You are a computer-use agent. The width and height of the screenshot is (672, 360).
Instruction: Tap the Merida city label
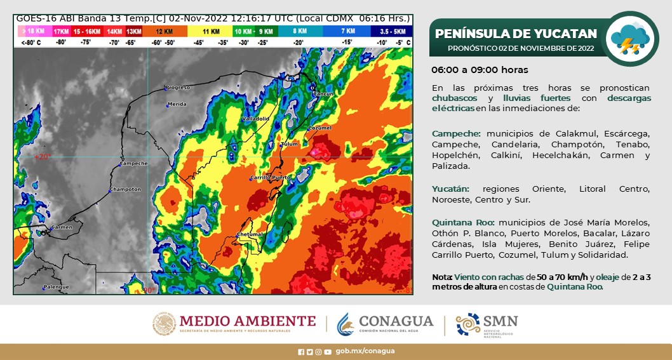[177, 104]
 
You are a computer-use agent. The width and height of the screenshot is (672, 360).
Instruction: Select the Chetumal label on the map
[249, 235]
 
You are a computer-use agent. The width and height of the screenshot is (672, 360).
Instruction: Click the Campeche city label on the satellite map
[133, 164]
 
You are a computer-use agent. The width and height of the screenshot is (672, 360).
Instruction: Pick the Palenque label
[56, 287]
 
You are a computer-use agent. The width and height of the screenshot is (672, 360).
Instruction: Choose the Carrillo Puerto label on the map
[270, 178]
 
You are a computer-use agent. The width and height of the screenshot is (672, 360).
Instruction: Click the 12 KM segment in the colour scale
[163, 31]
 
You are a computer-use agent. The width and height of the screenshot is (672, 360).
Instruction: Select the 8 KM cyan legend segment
[300, 31]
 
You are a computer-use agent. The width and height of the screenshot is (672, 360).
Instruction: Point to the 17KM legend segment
[61, 31]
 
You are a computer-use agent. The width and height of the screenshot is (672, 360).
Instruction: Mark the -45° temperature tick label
[198, 43]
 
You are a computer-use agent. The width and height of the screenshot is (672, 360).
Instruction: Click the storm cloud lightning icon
[629, 39]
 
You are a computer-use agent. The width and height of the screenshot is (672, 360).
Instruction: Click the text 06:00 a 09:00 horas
[480, 70]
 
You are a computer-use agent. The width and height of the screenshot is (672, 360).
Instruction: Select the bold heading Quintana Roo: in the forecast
[463, 222]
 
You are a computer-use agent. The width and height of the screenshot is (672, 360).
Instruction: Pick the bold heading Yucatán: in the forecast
[450, 189]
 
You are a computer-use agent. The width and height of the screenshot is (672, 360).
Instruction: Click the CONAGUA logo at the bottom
[386, 324]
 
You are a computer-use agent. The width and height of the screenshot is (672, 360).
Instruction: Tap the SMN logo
[487, 324]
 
